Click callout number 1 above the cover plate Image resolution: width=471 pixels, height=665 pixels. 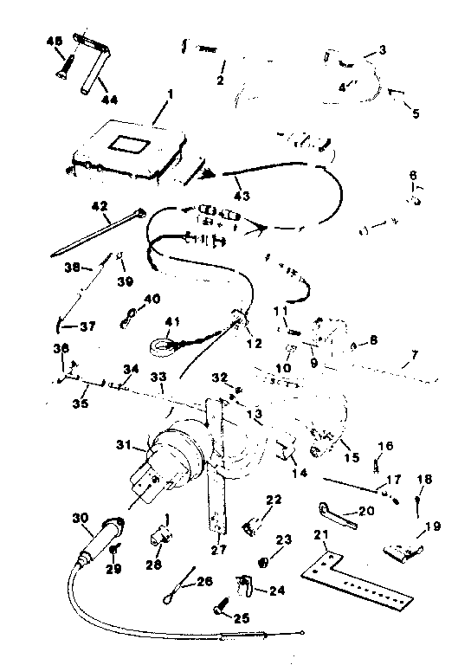pyautogui.click(x=170, y=94)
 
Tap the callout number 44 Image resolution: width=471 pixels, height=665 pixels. pyautogui.click(x=109, y=100)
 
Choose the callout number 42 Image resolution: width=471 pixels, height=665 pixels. pyautogui.click(x=100, y=206)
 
